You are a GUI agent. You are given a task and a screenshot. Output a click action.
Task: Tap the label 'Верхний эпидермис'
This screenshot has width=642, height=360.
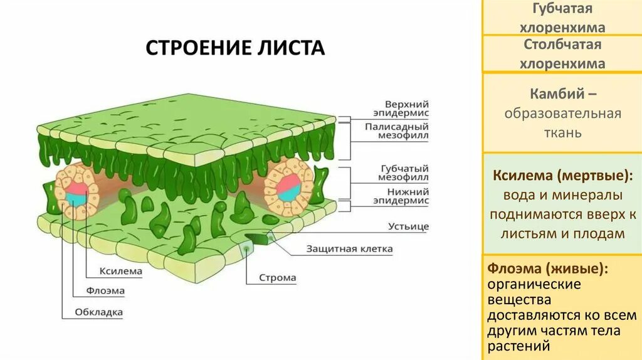pos(406,108)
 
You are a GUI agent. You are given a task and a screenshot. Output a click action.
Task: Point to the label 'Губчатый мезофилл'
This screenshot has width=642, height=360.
pos(405,173)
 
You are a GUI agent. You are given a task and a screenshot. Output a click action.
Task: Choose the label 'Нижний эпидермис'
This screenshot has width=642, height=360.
pos(406,196)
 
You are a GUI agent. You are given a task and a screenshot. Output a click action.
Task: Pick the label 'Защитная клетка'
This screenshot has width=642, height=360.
pos(349,248)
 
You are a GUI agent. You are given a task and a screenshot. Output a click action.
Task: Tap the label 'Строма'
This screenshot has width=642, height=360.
pos(278,277)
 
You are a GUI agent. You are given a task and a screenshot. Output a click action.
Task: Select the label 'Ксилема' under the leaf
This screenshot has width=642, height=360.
pos(120,271)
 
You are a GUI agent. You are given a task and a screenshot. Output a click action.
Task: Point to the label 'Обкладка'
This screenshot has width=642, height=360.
pos(99,312)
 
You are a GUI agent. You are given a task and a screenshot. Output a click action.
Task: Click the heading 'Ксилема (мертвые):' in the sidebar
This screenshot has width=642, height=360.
pos(561,175)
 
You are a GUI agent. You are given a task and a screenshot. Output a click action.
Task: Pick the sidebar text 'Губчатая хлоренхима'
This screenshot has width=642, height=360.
pos(562,18)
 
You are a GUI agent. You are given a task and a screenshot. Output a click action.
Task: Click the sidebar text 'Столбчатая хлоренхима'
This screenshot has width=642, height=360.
pos(562,54)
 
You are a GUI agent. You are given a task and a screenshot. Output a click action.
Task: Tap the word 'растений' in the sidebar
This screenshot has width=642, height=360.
pos(518,346)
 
